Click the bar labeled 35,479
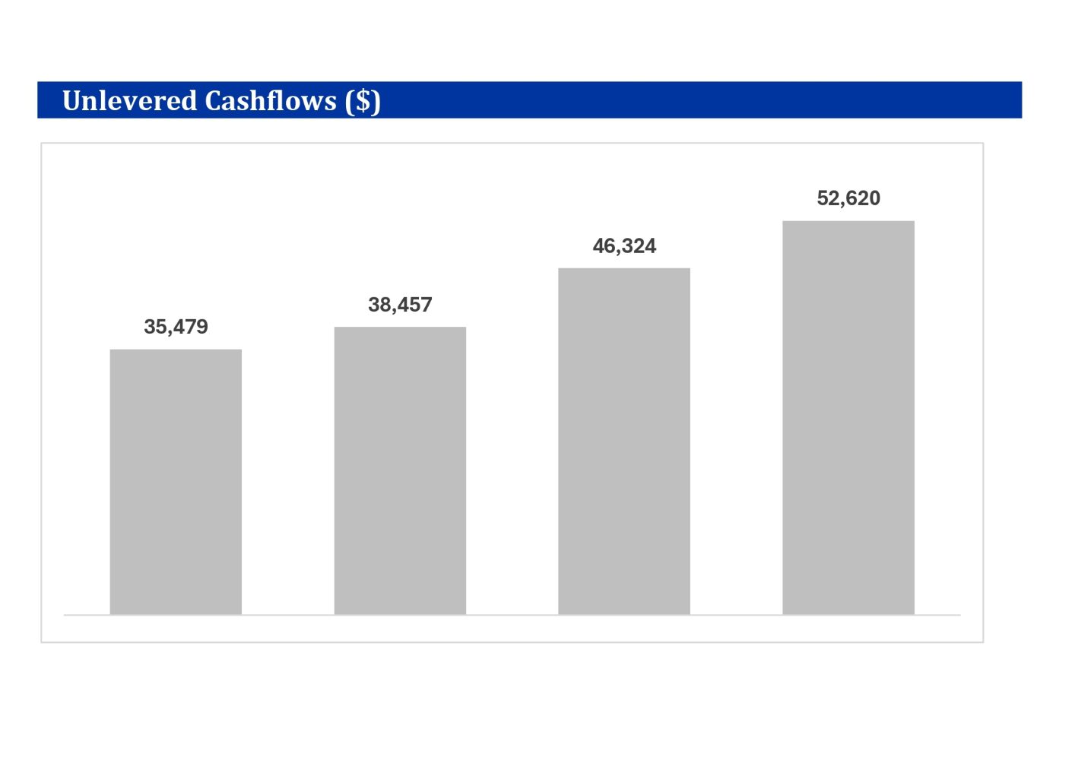tap(176, 482)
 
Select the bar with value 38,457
tap(400, 470)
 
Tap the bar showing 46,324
tap(624, 441)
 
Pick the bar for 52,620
tap(848, 417)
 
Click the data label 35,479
tap(176, 327)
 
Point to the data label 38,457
tap(400, 305)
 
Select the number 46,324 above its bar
tap(624, 246)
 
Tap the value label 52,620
tap(848, 198)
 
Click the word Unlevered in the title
tap(129, 100)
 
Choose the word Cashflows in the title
tap(270, 100)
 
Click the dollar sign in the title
tap(363, 101)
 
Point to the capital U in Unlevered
tap(71, 100)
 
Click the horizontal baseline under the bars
tap(512, 615)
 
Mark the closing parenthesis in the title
tap(376, 102)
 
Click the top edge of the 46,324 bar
tap(624, 268)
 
